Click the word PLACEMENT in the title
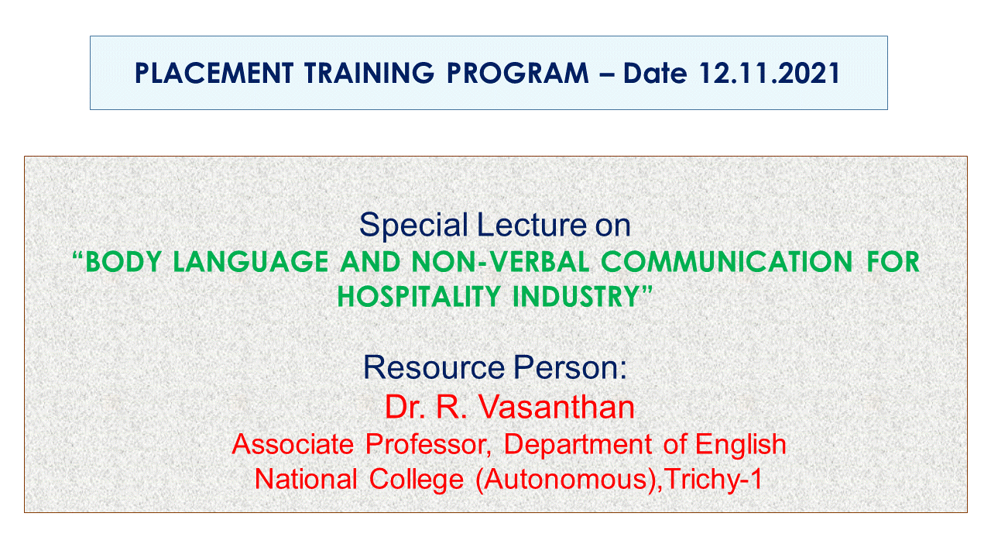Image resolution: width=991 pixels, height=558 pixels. click(214, 73)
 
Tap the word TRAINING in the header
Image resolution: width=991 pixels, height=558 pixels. click(369, 73)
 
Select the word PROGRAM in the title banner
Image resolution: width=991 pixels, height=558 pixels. click(518, 73)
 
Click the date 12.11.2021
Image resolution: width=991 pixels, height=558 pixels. click(770, 73)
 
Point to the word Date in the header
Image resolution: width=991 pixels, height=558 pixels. click(655, 73)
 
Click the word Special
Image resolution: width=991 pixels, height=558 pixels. click(413, 226)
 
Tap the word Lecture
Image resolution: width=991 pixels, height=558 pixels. click(532, 225)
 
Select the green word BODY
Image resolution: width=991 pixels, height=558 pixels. click(123, 262)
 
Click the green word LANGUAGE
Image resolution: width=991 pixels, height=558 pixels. click(250, 262)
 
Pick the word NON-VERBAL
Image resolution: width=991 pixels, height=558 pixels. click(500, 262)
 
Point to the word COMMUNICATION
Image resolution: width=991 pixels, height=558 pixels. click(726, 262)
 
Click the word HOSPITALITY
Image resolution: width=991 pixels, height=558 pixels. click(419, 296)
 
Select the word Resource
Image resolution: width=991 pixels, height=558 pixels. click(434, 367)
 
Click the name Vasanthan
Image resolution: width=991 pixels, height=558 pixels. click(557, 407)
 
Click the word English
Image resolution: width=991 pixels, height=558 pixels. click(741, 444)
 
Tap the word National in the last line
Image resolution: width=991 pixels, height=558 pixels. click(306, 479)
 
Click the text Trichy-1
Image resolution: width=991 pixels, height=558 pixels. click(714, 480)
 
